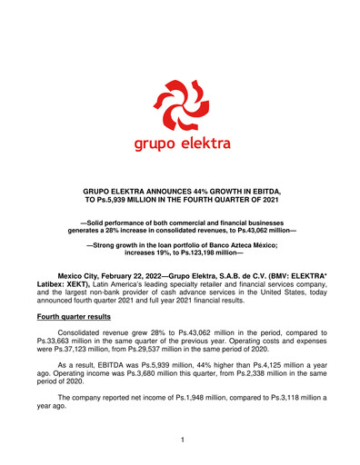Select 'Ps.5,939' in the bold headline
click(138, 201)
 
